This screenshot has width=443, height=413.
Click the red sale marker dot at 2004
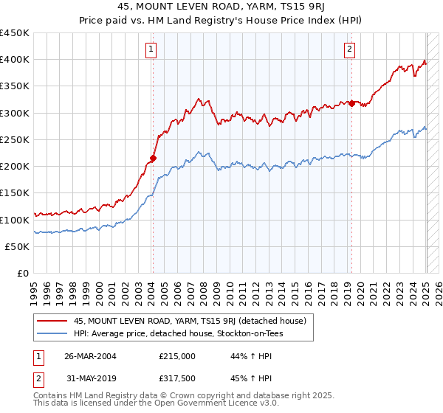[x=154, y=158]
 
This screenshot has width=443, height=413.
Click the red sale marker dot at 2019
[x=352, y=103]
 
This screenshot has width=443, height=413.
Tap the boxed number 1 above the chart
[x=151, y=49]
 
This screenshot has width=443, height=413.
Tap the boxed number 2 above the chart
[x=348, y=49]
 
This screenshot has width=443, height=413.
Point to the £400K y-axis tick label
[x=15, y=60]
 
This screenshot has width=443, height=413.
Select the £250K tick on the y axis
[x=15, y=139]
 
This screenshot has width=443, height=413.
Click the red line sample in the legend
[x=52, y=321]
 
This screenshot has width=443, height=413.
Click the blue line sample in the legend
[x=52, y=333]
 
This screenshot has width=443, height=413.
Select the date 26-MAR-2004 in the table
[x=90, y=356]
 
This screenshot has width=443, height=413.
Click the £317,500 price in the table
[x=176, y=378]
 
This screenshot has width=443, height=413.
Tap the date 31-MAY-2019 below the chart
[x=90, y=378]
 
